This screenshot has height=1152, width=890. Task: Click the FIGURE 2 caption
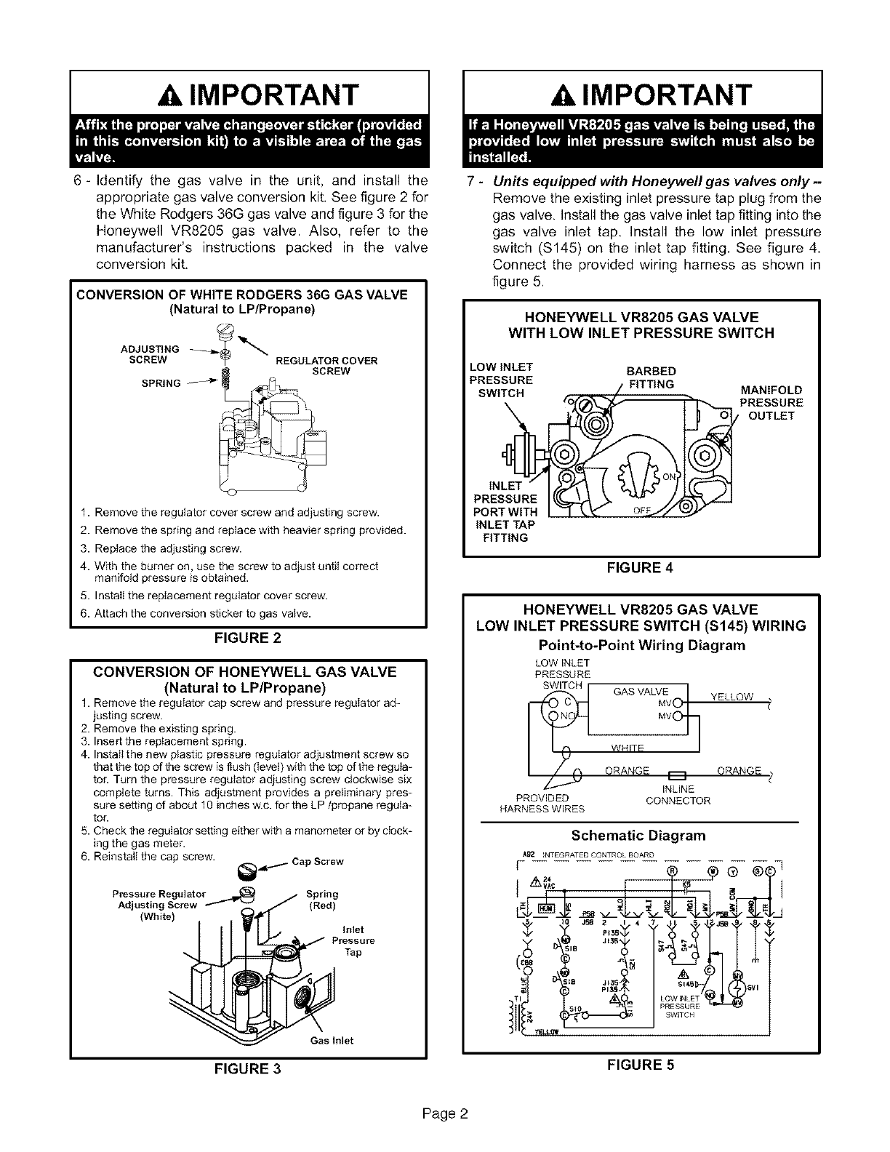pos(247,639)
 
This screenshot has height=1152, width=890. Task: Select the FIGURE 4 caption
pos(641,568)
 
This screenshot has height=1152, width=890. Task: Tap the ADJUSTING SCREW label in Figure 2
pos(148,354)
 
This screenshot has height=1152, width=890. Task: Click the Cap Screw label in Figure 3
pos(318,862)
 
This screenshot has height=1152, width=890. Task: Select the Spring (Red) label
pos(322,900)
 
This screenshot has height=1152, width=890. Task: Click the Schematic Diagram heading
pos(638,834)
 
